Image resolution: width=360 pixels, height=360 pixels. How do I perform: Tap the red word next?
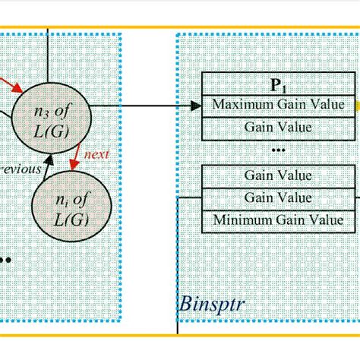point(96,154)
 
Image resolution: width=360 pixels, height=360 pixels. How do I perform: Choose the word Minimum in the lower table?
point(243,220)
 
